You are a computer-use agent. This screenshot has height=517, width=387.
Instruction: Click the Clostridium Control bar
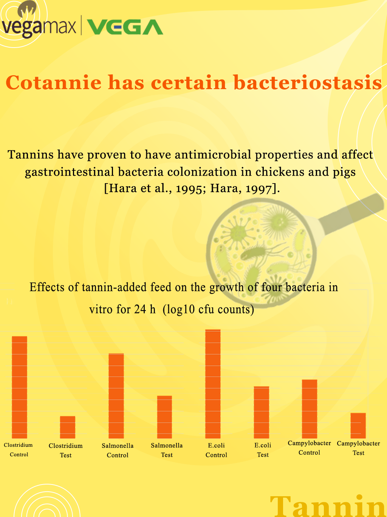pos(20,387)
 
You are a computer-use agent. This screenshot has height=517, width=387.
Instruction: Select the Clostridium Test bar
pos(68,427)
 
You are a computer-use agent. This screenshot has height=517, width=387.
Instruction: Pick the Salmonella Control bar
pos(116,396)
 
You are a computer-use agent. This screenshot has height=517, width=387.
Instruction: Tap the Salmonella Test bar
pos(164,417)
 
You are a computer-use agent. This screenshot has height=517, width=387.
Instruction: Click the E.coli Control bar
pos(213,384)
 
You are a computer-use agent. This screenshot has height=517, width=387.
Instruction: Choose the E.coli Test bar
pos(262,412)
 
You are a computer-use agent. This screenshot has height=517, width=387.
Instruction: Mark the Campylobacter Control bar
pos(310,409)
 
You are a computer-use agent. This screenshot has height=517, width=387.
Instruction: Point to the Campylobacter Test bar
pos(358,426)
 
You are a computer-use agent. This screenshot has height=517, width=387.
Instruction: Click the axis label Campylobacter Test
pos(358,448)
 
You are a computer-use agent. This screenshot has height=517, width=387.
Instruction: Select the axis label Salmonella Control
pos(118,450)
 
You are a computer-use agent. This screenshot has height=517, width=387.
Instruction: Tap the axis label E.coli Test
pos(263,450)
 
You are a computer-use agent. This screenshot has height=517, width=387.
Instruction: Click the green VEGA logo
pos(125,27)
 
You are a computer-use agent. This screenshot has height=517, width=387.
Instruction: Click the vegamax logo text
pos(39,26)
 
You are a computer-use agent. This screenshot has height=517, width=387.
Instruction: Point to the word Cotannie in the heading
pos(53,82)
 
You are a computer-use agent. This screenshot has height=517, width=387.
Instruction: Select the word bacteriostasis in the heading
pos(307,82)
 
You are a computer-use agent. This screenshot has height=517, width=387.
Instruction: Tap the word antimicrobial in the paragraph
pos(213,154)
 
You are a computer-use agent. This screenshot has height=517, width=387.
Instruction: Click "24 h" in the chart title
pos(145,309)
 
